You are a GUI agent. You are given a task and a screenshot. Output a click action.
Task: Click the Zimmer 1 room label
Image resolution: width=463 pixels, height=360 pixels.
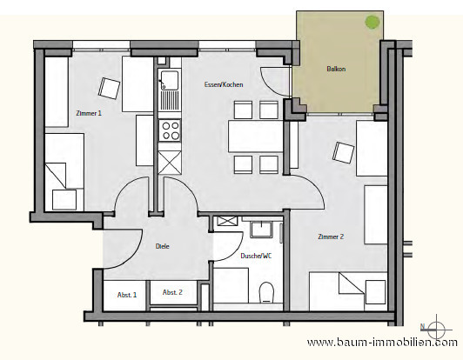pos(89,113)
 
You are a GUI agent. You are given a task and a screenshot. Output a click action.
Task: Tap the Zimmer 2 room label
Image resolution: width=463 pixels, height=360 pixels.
pos(331,237)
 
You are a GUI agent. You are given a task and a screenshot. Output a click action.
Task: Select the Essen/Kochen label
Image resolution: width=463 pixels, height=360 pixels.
pos(224,84)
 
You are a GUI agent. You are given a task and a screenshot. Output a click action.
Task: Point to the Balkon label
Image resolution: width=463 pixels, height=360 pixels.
pos(336,69)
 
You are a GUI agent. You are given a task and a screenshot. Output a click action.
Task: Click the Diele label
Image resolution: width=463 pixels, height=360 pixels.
pos(163,246)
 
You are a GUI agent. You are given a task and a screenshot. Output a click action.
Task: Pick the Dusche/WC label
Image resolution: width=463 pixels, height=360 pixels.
pos(256,256)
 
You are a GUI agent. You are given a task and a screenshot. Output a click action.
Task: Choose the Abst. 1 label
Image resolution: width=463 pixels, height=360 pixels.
pos(127,295)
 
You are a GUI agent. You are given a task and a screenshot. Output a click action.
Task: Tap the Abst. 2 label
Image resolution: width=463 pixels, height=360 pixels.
pos(172,292)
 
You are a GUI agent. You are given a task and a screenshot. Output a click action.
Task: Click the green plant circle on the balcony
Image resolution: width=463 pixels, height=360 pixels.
pos(372,22)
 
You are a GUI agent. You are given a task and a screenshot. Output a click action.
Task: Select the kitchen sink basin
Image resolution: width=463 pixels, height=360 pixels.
pos(169,80)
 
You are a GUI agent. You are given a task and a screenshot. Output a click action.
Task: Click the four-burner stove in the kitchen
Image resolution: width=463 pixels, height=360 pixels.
pos(170,130)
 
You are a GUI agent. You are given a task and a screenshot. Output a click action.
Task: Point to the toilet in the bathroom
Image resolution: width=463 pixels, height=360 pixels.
pos(266,292)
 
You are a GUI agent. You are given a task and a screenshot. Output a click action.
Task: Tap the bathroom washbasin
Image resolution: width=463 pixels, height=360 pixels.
pos(261,230)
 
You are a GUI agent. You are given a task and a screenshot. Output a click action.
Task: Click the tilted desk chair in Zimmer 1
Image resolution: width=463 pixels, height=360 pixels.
pos(109,88)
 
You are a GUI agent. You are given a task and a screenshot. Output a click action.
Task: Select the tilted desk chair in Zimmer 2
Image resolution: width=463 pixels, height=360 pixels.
pos(343,152)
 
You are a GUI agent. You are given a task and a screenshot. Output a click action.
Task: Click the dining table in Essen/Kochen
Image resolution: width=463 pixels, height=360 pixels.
pos(256,136)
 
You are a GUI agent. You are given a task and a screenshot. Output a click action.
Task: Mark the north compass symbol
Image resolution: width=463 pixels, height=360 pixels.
pos(436,330)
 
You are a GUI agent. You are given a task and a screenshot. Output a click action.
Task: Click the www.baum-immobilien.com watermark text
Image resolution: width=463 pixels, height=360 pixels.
pos(382,343)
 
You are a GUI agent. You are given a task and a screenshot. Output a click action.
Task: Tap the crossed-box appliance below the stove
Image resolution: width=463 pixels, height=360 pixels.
pos(170,163)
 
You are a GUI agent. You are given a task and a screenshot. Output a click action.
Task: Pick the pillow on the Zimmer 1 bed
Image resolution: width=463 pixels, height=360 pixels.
pos(64,199)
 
